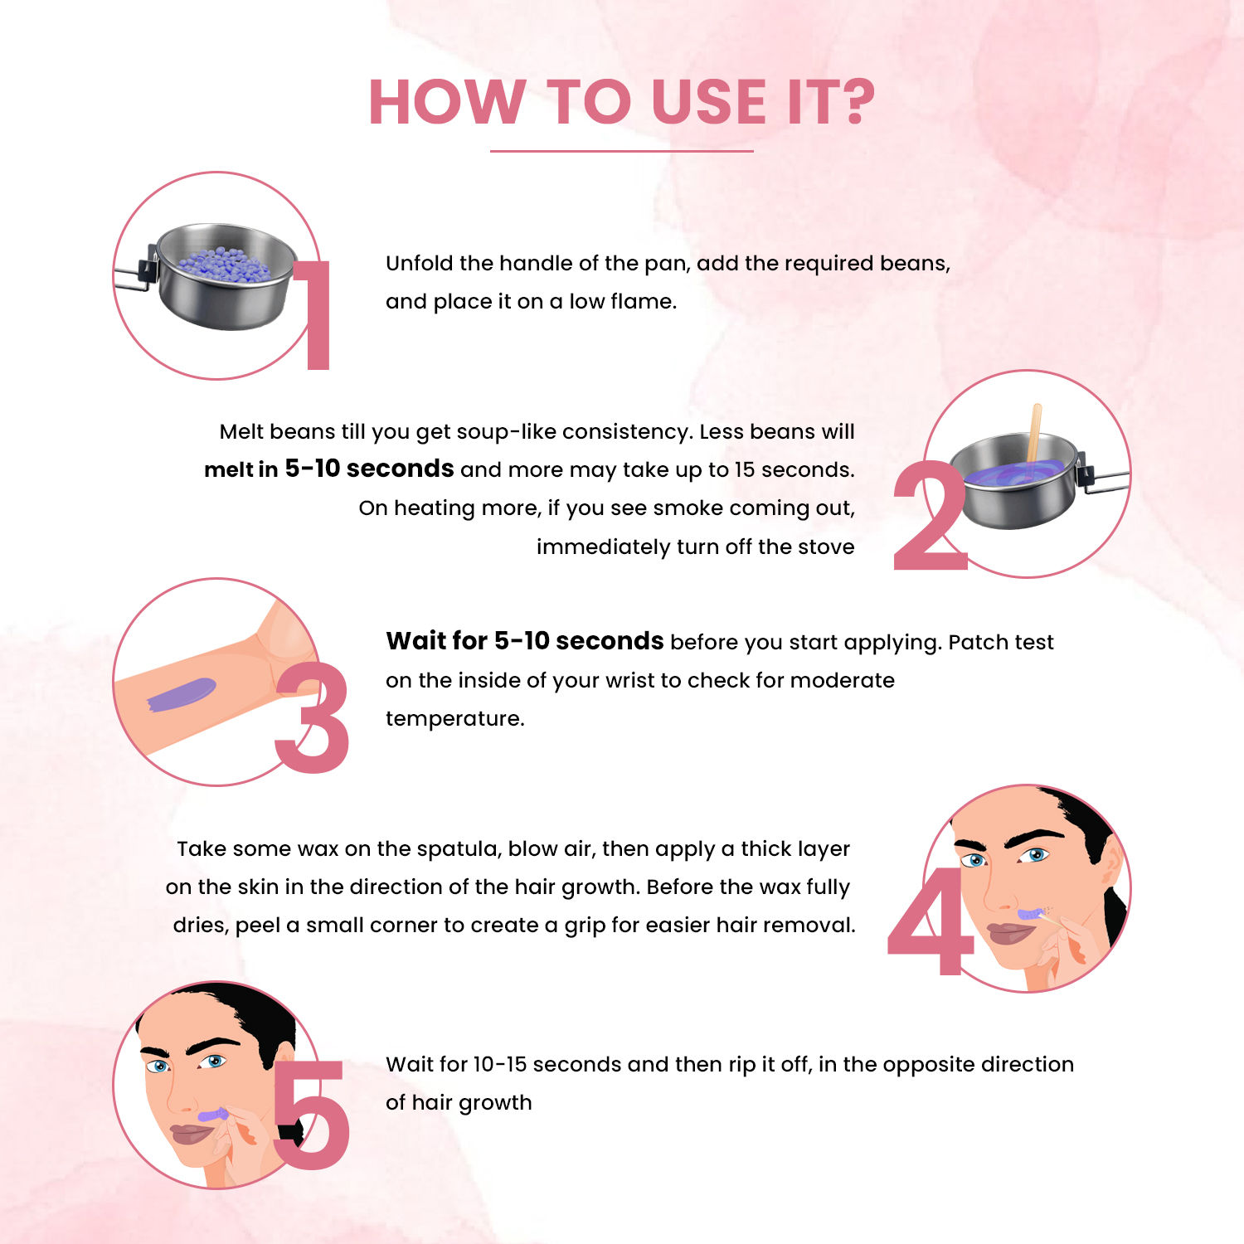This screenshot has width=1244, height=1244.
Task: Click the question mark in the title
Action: (853, 102)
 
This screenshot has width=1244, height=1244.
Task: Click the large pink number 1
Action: (312, 314)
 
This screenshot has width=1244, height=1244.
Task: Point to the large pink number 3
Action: (312, 717)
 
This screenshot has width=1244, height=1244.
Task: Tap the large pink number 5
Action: (310, 1115)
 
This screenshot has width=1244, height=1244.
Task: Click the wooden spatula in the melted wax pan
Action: (1033, 433)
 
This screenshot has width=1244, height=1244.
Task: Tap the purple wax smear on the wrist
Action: (182, 694)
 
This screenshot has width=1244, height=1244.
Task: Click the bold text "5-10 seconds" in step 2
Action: (369, 469)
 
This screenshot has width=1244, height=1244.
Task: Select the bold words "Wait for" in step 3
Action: (436, 641)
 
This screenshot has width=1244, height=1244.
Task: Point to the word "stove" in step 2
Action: (829, 547)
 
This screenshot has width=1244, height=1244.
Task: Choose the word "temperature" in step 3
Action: (454, 719)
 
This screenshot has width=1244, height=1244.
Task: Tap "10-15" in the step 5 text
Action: (500, 1064)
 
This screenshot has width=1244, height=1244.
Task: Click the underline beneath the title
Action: (622, 151)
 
